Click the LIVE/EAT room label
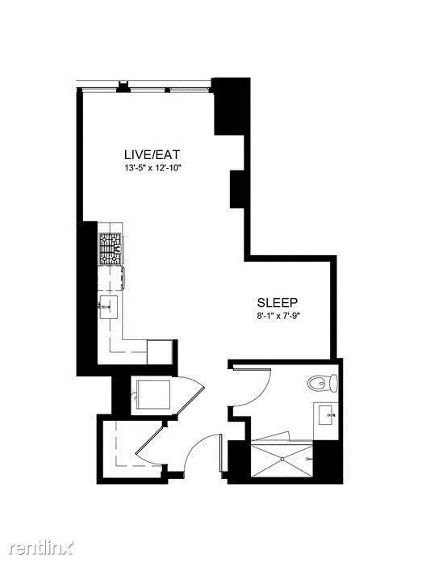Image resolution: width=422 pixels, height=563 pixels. [152, 155]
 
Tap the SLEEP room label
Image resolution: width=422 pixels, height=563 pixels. [278, 302]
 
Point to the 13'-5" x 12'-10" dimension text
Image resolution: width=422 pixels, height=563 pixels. [152, 167]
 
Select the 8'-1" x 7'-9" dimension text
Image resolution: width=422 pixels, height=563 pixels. [277, 317]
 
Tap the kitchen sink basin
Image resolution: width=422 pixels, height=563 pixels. [109, 307]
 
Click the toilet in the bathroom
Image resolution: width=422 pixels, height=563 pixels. [322, 383]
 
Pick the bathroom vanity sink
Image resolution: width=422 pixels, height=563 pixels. [327, 415]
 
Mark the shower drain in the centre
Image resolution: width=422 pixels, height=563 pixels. [282, 459]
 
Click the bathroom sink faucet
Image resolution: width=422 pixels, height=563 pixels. [332, 415]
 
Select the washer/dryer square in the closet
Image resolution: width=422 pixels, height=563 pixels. [154, 394]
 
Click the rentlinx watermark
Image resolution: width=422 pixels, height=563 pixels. [41, 547]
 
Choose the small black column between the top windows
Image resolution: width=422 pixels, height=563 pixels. [123, 86]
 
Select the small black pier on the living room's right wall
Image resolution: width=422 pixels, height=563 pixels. [237, 189]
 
